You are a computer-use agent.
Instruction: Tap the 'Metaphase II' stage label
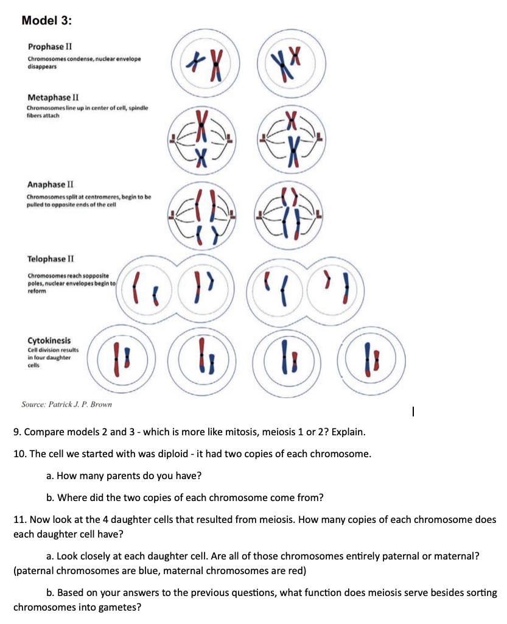[x=53, y=97]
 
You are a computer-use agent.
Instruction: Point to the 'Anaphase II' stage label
[x=52, y=184]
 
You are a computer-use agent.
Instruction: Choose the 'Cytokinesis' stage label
[x=49, y=340]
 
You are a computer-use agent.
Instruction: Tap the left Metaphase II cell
[x=201, y=139]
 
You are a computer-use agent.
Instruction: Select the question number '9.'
[x=18, y=433]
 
